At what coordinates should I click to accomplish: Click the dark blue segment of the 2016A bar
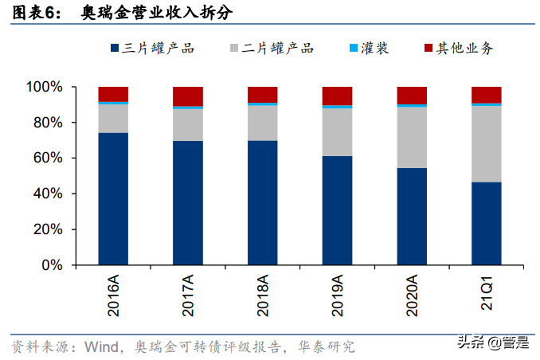(x=113, y=198)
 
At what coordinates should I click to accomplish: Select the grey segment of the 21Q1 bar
(x=487, y=143)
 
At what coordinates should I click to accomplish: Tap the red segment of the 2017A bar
(x=188, y=95)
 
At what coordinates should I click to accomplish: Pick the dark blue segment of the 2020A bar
(x=412, y=216)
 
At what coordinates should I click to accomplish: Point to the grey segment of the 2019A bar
(x=337, y=131)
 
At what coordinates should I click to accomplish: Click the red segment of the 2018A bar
(x=262, y=94)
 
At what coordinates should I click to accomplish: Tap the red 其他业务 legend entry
(x=458, y=49)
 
